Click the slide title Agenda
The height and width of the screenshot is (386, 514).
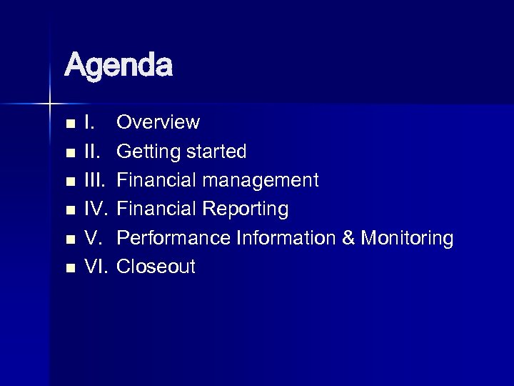tap(119, 66)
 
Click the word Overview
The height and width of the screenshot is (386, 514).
tap(158, 123)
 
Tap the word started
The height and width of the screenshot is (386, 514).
tap(213, 152)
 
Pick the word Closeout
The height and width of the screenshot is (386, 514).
tap(156, 267)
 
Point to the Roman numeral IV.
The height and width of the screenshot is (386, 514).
tap(96, 209)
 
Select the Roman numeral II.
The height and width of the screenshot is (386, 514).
tap(92, 152)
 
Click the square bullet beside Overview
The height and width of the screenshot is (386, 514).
tap(69, 124)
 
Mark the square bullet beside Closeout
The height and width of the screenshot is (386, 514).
tap(69, 268)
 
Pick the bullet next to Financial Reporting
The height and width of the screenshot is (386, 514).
tap(69, 211)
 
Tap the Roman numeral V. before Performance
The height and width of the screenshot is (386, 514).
tap(94, 238)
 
